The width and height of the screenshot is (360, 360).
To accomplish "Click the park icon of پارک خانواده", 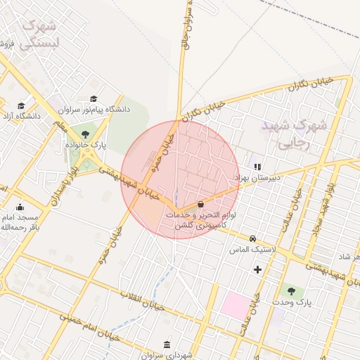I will [85, 134].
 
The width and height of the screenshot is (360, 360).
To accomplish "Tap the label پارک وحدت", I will [293, 302].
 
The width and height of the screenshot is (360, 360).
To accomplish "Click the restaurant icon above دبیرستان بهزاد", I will [257, 167].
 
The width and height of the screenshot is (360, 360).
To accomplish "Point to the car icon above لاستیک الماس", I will [252, 238].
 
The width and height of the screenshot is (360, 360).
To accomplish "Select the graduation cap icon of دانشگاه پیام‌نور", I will [94, 99].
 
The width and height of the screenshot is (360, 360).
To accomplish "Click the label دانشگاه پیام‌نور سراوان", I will [95, 110].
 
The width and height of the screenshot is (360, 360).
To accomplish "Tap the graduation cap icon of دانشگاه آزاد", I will [20, 105].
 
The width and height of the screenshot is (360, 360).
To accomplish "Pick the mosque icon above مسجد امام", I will [19, 207].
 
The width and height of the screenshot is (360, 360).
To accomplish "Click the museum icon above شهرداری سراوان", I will [166, 345].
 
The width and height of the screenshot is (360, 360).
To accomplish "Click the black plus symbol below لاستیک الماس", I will [257, 269].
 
